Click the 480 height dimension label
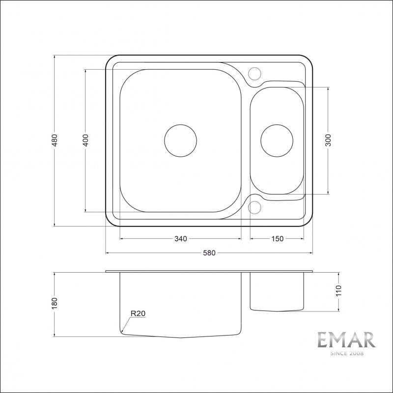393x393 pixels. (55, 140)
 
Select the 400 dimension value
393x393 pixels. (85, 140)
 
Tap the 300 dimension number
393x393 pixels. (328, 140)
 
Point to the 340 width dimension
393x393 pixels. (180, 239)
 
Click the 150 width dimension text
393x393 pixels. (277, 239)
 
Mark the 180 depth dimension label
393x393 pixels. (55, 303)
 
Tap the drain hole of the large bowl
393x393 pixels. (180, 140)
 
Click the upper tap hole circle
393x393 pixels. (254, 73)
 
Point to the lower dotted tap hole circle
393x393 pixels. (254, 207)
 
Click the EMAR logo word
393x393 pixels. (346, 341)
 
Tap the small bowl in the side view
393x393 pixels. (277, 292)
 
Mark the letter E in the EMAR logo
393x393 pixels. (322, 341)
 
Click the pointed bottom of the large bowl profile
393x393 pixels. (180, 338)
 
